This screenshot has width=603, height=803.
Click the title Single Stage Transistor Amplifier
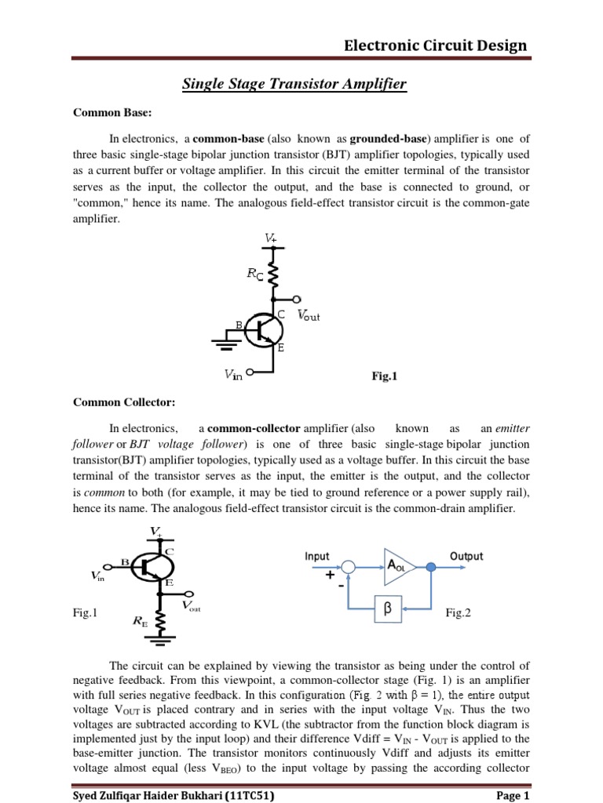pos(294,84)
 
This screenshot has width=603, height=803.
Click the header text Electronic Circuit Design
pos(436,45)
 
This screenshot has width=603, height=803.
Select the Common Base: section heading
pos(106,113)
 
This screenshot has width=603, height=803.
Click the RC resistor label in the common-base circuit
pos(255,274)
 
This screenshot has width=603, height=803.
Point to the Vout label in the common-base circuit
pos(309,316)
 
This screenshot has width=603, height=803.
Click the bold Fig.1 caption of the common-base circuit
pos(385,376)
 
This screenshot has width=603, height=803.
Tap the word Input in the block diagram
pos(317,556)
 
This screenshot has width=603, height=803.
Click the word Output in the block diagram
pos(466,556)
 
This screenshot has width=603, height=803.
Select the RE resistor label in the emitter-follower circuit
pos(141,622)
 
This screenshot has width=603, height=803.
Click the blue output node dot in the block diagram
pos(431,567)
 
